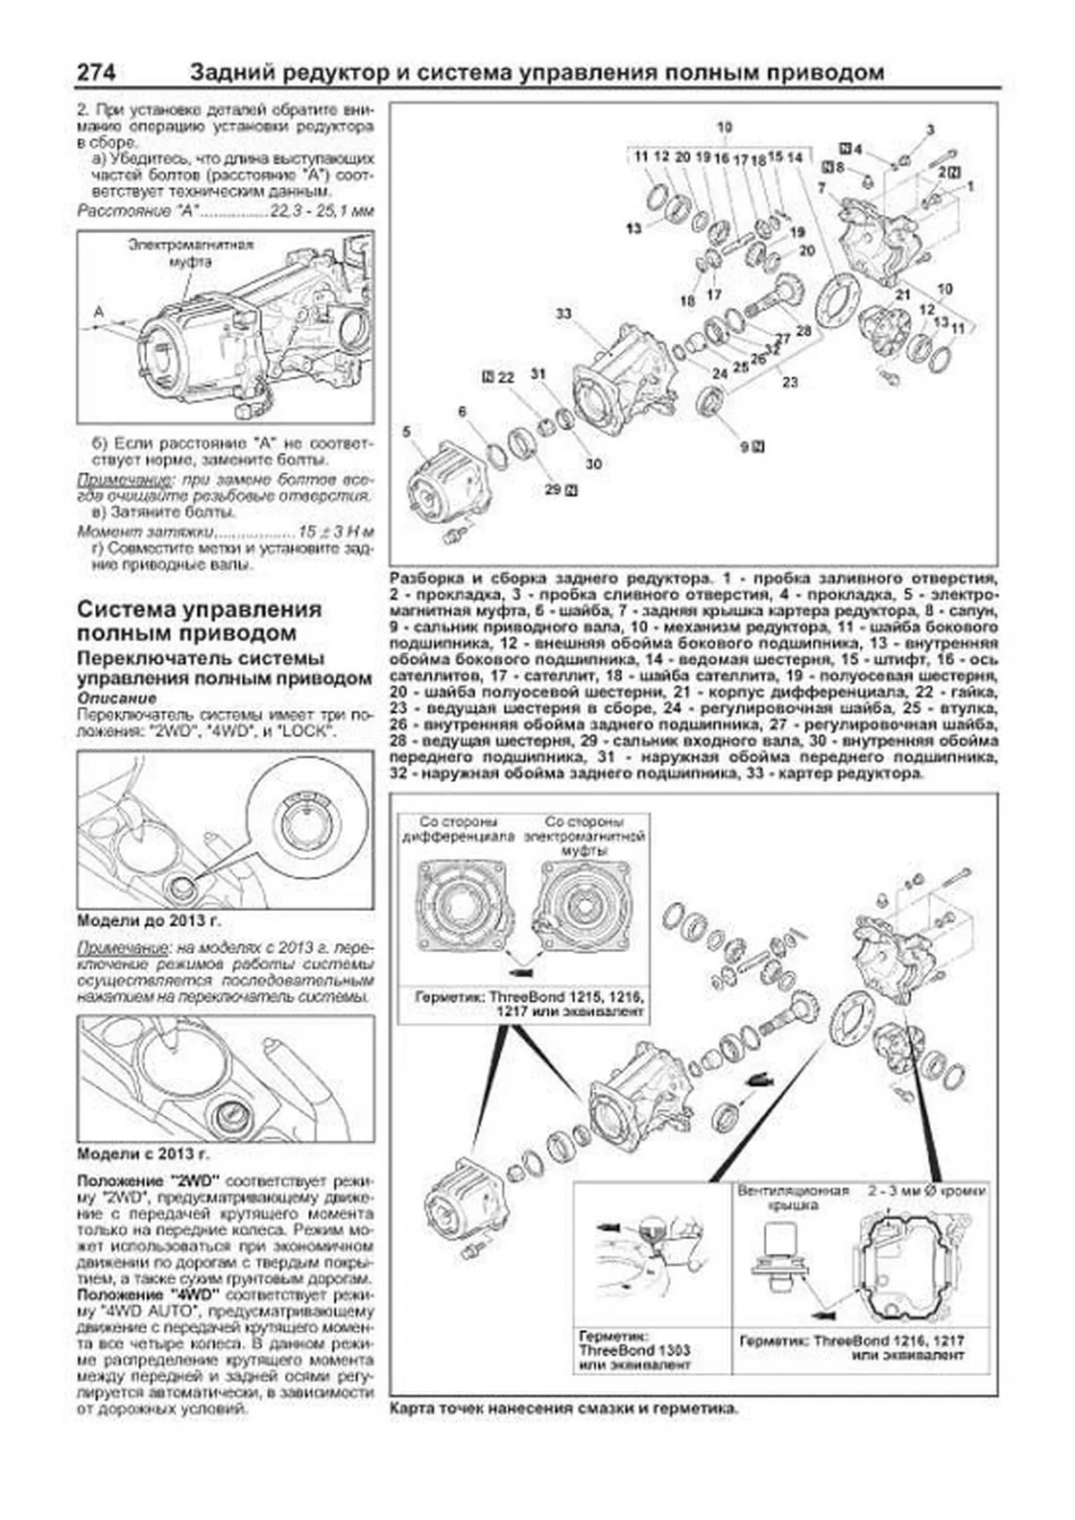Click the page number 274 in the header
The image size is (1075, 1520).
click(95, 73)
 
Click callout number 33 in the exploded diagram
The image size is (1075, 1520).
click(563, 313)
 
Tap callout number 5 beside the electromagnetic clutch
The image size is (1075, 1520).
click(407, 432)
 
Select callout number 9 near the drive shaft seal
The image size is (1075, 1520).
click(744, 445)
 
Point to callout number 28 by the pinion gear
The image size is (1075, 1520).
click(804, 331)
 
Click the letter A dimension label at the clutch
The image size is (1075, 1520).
click(99, 311)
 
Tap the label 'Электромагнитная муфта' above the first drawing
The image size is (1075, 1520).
click(190, 253)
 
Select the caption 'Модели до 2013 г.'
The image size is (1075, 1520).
click(149, 921)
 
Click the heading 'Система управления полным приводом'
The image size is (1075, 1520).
click(199, 621)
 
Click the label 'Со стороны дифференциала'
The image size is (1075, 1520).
click(458, 829)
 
